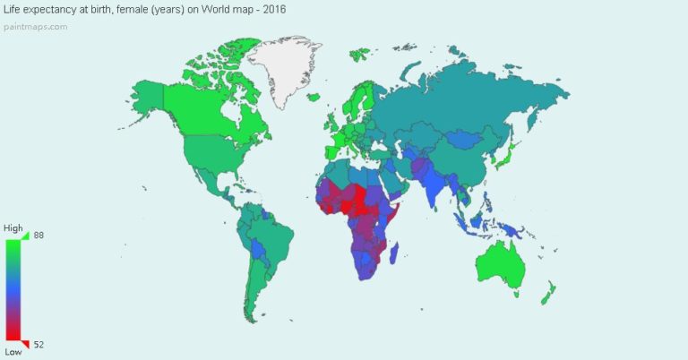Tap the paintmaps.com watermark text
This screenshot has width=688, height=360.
coord(34,26)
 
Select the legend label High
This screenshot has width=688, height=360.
coord(13,228)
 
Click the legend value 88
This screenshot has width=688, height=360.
coord(39,235)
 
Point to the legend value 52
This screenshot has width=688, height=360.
coord(39,344)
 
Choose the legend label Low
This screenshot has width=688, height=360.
coord(13,352)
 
